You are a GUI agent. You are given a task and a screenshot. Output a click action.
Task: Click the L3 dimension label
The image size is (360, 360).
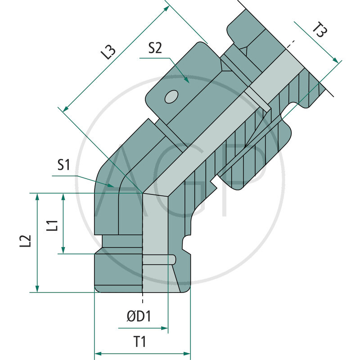click(108, 53)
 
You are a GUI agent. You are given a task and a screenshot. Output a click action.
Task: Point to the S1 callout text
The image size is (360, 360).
click(63, 166)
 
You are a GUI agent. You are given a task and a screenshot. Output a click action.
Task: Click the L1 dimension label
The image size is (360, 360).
click(52, 224)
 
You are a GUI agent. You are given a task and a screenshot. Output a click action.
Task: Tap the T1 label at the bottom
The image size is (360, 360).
click(140, 342)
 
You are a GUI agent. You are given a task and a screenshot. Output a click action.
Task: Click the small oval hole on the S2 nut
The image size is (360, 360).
click(171, 96)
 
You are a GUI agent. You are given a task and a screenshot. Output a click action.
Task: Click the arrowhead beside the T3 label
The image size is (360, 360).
click(334, 60)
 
